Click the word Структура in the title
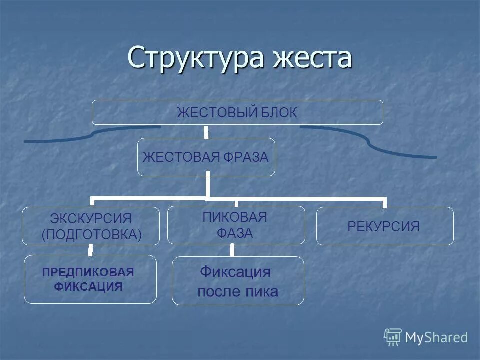[x=189, y=58]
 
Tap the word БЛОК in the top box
[x=278, y=113]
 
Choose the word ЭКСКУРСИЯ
[x=91, y=219]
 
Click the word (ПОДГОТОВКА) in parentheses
[x=91, y=235]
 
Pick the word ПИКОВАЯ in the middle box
[x=235, y=217]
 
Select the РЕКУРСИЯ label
[x=383, y=227]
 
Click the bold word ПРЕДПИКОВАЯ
[x=88, y=272]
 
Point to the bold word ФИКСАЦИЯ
[x=88, y=287]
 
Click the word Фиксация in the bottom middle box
[x=235, y=272]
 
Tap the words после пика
[x=237, y=292]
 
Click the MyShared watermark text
[x=436, y=338]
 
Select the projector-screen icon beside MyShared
[x=393, y=337]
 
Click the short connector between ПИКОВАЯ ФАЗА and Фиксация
[x=233, y=250]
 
